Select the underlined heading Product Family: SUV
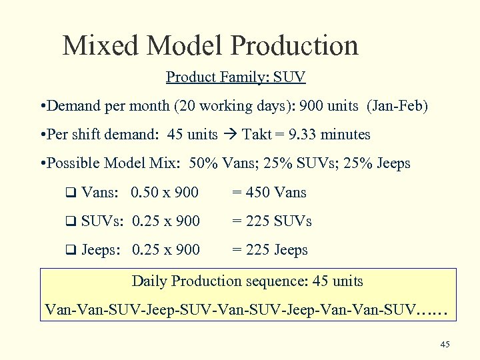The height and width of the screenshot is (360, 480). [x=235, y=77]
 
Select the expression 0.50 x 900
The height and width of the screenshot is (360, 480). [x=165, y=193]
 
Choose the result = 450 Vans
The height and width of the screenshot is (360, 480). [x=269, y=193]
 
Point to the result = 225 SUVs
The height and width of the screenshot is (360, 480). [x=271, y=221]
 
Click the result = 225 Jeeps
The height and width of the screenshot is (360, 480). [x=269, y=251]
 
